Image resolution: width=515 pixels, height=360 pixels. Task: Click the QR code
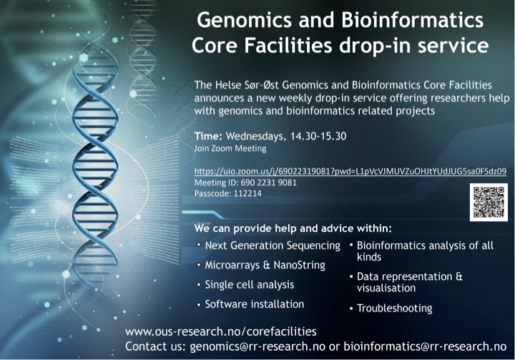point(489,203)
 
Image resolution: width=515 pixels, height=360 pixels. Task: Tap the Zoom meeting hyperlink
point(350,171)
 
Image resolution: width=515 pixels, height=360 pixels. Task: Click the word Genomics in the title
point(244,20)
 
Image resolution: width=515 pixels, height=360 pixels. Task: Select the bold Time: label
point(208,136)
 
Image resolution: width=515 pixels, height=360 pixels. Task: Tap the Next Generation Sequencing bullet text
point(273,245)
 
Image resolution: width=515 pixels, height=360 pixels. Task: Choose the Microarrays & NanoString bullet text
point(265,265)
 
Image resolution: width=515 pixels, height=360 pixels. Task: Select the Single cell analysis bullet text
point(250,284)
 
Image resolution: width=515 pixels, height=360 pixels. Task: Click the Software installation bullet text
point(255,304)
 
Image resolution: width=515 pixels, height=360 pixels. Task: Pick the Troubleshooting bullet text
point(394,308)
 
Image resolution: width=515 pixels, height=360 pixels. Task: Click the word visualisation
point(386,288)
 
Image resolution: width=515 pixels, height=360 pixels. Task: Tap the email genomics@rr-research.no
point(257,346)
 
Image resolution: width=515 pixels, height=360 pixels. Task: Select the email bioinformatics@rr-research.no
point(425,346)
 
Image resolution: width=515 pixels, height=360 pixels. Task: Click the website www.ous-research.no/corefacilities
point(221,331)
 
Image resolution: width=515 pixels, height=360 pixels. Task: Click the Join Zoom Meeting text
point(230,149)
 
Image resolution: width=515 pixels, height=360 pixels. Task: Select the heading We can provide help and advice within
point(293,228)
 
